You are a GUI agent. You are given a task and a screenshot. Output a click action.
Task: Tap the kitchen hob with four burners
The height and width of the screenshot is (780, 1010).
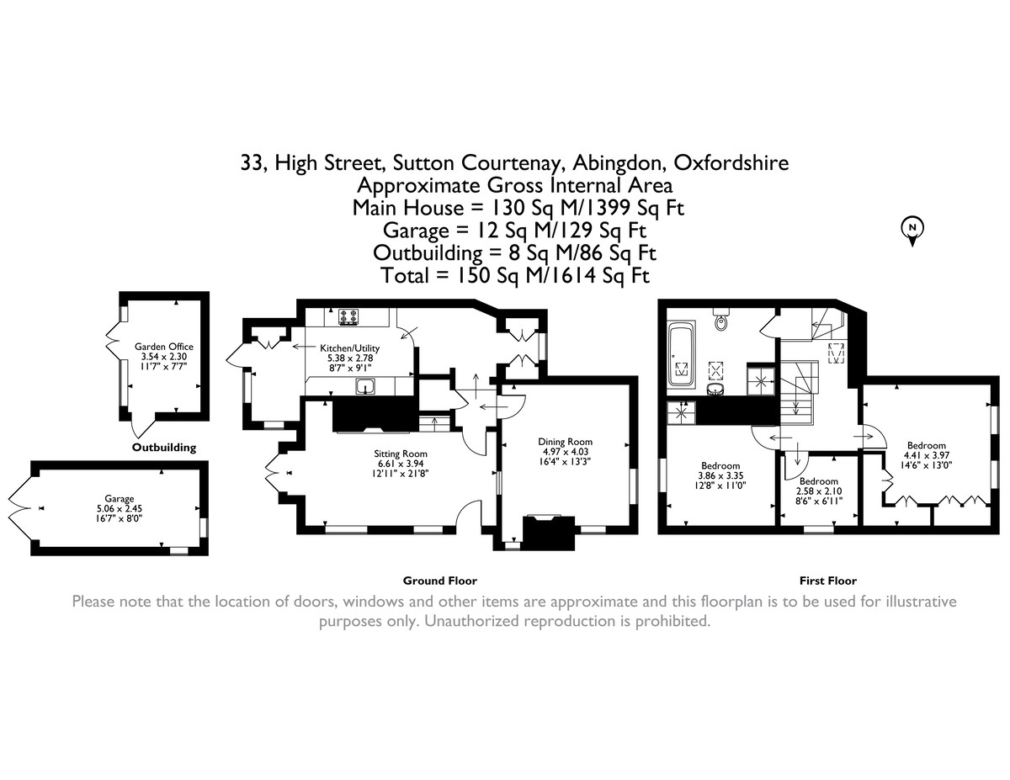[x=348, y=317]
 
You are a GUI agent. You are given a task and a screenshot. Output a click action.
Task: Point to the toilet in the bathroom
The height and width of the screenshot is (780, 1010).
[x=720, y=321]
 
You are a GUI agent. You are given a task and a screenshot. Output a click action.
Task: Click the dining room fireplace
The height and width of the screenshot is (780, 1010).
[x=549, y=531]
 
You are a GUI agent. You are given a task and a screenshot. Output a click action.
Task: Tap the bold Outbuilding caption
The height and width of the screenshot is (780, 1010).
[x=164, y=448]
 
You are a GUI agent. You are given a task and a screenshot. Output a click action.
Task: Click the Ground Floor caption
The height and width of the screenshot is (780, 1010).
[x=439, y=581]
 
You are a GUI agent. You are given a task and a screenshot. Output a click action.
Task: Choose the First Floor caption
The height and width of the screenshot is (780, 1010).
[x=827, y=581]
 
